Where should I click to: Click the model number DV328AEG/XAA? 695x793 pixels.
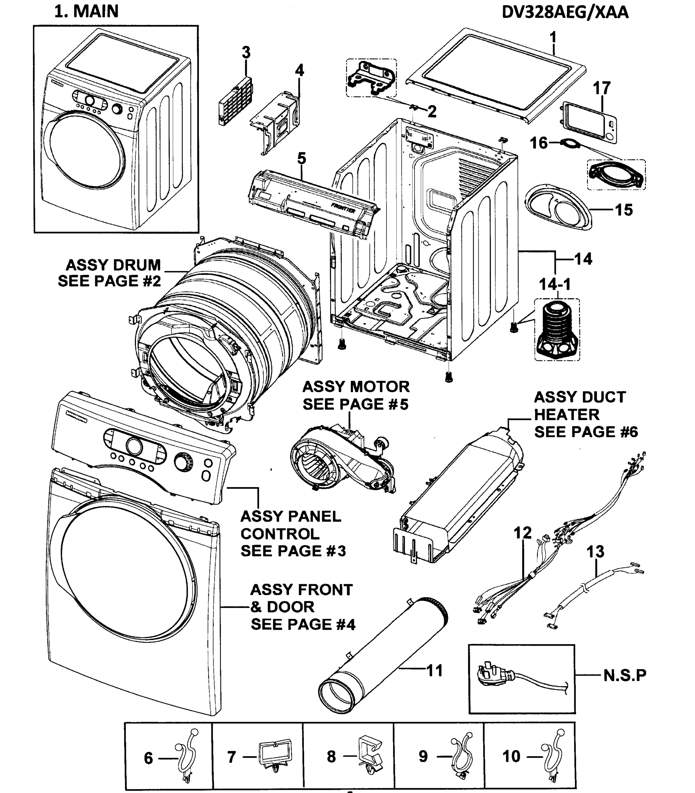[x=565, y=13]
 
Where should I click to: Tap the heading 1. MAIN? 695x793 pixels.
[x=86, y=11]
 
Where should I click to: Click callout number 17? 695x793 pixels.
[x=601, y=88]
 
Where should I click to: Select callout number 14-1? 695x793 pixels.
[x=555, y=284]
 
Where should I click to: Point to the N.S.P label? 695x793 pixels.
[x=625, y=675]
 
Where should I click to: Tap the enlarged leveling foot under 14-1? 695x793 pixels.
[x=557, y=330]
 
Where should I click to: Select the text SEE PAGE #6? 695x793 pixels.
[x=586, y=432]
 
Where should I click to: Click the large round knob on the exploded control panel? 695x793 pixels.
[x=134, y=446]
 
